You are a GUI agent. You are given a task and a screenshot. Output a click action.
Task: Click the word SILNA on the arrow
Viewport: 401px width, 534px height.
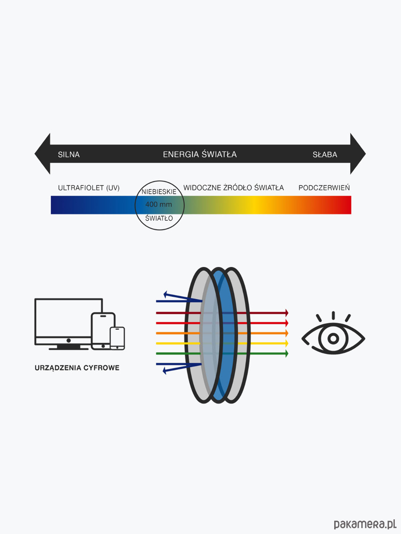tap(69, 155)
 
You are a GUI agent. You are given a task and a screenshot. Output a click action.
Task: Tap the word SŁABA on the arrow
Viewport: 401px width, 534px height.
tap(324, 155)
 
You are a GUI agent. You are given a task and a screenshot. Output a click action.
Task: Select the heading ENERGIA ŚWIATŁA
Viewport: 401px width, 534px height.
tap(200, 154)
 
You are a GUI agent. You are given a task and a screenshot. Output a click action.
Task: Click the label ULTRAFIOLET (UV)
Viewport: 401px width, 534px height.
tap(89, 188)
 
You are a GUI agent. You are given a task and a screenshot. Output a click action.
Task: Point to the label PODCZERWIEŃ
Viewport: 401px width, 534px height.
tap(324, 188)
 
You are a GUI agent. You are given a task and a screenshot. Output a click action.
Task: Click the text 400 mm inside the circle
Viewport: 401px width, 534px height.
tap(159, 205)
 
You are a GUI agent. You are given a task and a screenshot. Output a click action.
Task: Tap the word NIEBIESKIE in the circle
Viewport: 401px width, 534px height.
tap(159, 192)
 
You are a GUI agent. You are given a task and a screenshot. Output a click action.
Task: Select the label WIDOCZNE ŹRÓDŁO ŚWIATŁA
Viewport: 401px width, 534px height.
tap(233, 188)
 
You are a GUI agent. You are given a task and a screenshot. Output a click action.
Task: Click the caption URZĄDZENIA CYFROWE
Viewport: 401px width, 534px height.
tap(77, 368)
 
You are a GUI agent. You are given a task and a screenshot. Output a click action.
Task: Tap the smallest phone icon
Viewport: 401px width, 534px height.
tap(117, 338)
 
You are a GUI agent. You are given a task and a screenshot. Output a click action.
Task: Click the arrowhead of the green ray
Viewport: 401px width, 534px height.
tap(286, 354)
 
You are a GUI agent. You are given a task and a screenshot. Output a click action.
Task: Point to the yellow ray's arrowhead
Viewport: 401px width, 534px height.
tap(286, 344)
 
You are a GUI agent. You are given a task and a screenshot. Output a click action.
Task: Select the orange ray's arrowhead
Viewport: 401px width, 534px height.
tap(286, 333)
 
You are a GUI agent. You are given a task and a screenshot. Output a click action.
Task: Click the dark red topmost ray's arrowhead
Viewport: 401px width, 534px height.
tap(286, 313)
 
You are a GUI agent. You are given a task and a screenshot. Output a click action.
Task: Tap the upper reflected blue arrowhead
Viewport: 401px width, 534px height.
tap(166, 294)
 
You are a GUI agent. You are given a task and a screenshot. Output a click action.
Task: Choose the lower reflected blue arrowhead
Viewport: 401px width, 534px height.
tap(166, 369)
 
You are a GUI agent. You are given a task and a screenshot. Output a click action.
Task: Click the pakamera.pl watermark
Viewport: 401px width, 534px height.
tap(364, 524)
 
